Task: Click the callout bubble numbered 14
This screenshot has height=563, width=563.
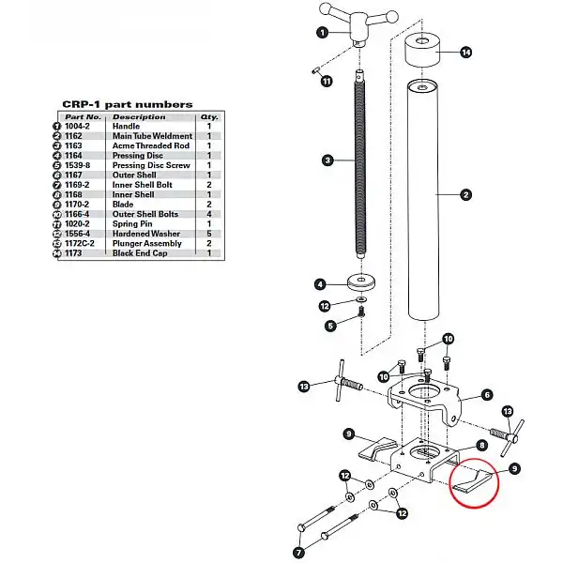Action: [x=466, y=53]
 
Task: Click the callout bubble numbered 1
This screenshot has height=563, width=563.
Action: [x=321, y=32]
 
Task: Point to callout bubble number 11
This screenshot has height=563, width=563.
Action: [x=327, y=82]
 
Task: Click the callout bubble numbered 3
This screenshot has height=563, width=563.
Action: [x=327, y=160]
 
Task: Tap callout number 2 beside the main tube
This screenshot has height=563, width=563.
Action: [x=465, y=196]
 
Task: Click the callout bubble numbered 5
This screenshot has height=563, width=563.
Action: [x=330, y=326]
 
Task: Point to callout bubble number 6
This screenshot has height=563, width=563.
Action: [x=487, y=395]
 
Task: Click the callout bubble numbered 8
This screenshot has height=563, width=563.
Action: [x=481, y=446]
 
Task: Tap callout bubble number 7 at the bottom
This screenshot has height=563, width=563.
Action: [x=298, y=552]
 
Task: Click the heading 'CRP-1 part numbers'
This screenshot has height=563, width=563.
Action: [x=128, y=104]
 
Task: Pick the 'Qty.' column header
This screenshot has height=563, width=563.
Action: [x=208, y=117]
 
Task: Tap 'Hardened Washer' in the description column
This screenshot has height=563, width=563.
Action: [x=146, y=234]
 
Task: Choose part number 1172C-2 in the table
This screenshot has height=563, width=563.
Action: [x=83, y=243]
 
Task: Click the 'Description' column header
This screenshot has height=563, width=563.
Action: [x=139, y=117]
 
